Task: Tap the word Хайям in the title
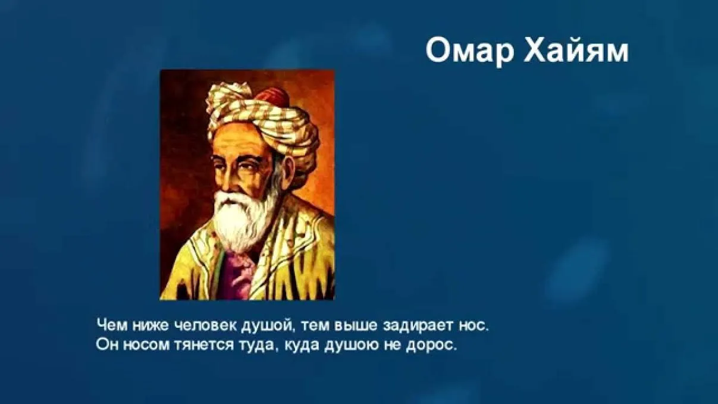[x=576, y=51]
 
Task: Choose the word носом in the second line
[x=146, y=346]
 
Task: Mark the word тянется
[x=204, y=346]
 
